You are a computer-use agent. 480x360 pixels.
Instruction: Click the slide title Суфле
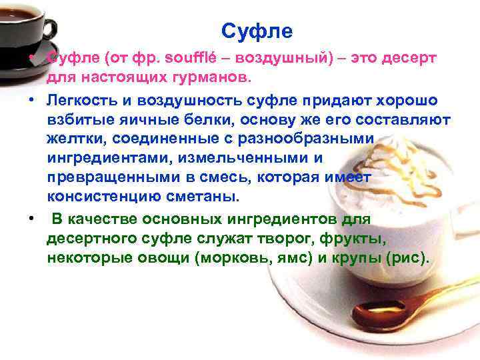(x=257, y=31)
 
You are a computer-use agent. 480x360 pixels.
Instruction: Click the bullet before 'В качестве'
(x=31, y=219)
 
